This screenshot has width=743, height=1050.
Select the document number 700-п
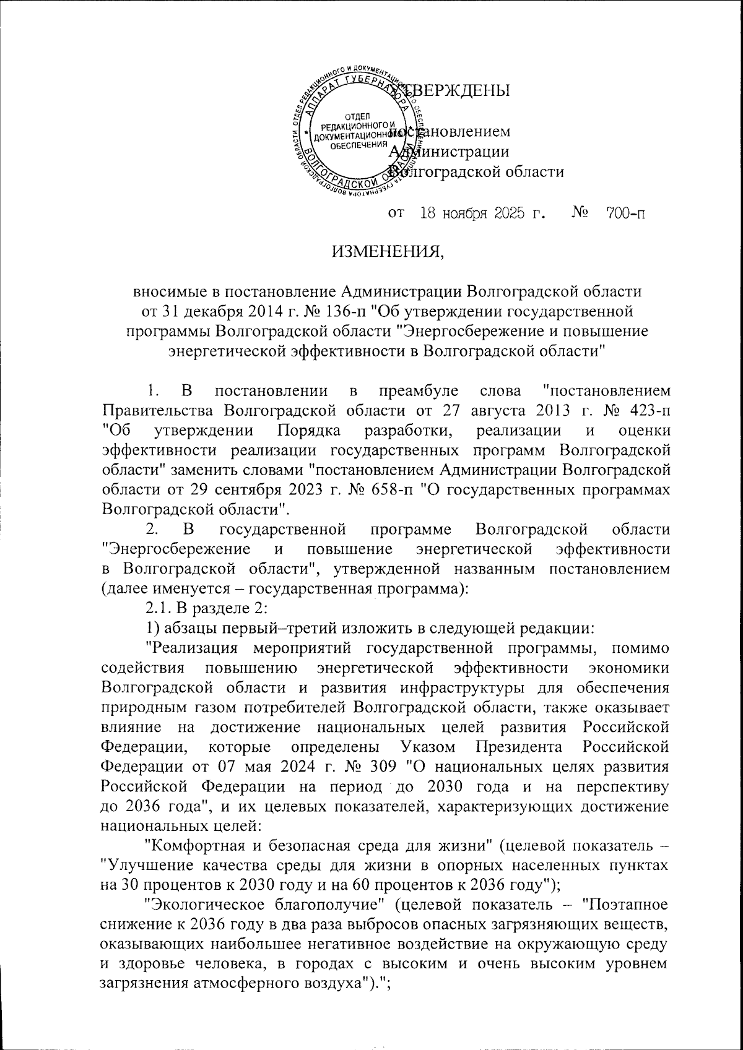(x=624, y=214)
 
